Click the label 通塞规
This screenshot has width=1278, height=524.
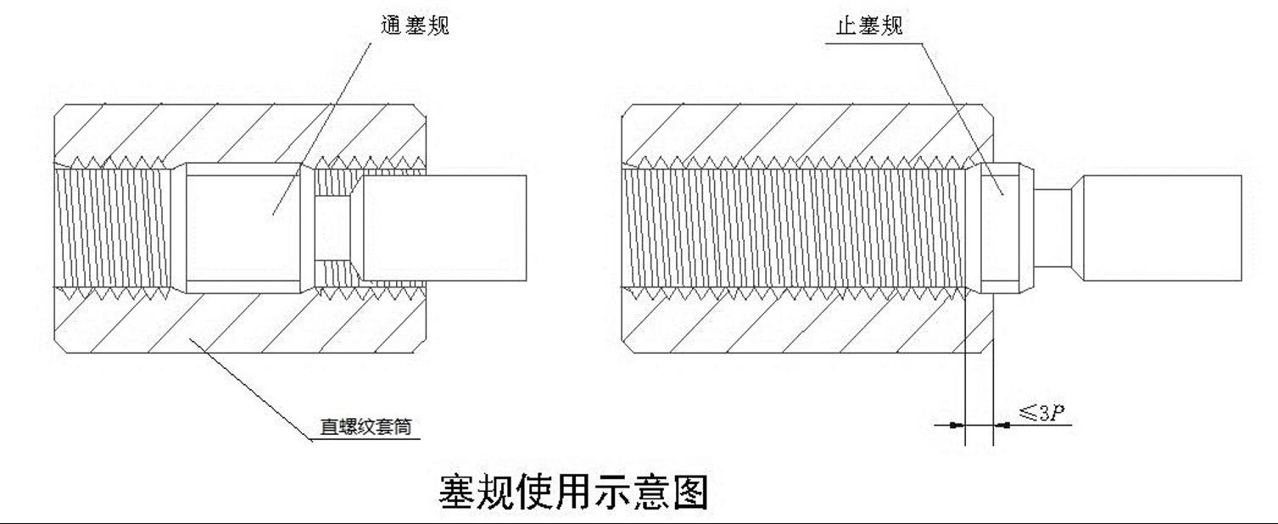415,25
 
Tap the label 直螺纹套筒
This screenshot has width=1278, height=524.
365,426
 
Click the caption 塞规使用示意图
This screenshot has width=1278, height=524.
573,492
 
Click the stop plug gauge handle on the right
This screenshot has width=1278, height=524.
1162,229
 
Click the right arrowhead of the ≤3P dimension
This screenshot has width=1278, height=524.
1001,424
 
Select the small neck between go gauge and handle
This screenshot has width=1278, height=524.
332,229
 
